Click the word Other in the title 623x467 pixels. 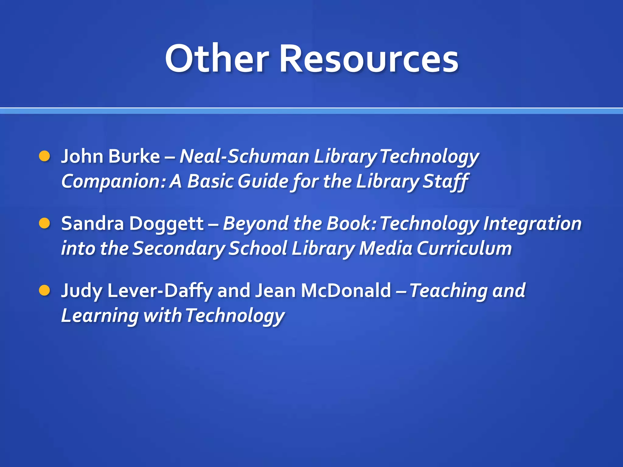(217, 58)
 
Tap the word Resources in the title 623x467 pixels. (368, 58)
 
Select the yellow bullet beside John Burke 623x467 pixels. (44, 156)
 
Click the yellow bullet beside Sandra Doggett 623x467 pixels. (44, 223)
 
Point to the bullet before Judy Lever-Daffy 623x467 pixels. (44, 290)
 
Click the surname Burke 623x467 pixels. (134, 156)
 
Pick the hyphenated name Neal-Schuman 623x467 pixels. (244, 156)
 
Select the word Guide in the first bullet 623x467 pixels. (263, 181)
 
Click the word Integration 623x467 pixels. (532, 224)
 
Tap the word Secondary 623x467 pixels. (179, 248)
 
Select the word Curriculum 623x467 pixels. (464, 248)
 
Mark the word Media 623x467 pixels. (385, 248)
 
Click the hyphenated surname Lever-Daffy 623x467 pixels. (160, 291)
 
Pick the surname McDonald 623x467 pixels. (346, 291)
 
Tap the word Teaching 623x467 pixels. (449, 291)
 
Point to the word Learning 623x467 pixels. (100, 316)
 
